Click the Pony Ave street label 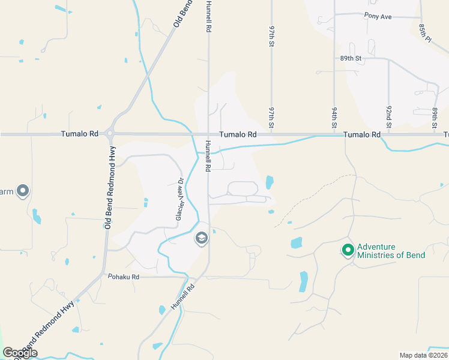(378, 16)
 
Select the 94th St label (334, 118)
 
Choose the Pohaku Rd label (123, 277)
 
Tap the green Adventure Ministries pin (348, 250)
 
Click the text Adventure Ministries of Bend (391, 251)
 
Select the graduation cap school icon (201, 239)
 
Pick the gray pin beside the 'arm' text (23, 191)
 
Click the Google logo (20, 353)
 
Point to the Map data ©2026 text (423, 355)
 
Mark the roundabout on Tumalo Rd (110, 134)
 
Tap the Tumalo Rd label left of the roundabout (75, 134)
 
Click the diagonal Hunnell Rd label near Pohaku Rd (182, 296)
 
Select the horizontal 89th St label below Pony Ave (351, 58)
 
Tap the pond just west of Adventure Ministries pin (296, 243)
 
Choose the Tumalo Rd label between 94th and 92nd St (362, 134)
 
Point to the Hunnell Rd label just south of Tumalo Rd (208, 155)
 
